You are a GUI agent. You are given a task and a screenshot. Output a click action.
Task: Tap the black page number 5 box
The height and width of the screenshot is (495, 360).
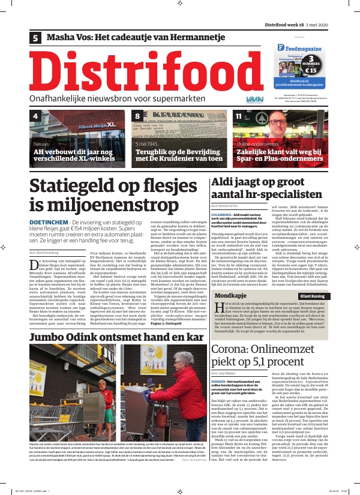[x=36, y=38]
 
